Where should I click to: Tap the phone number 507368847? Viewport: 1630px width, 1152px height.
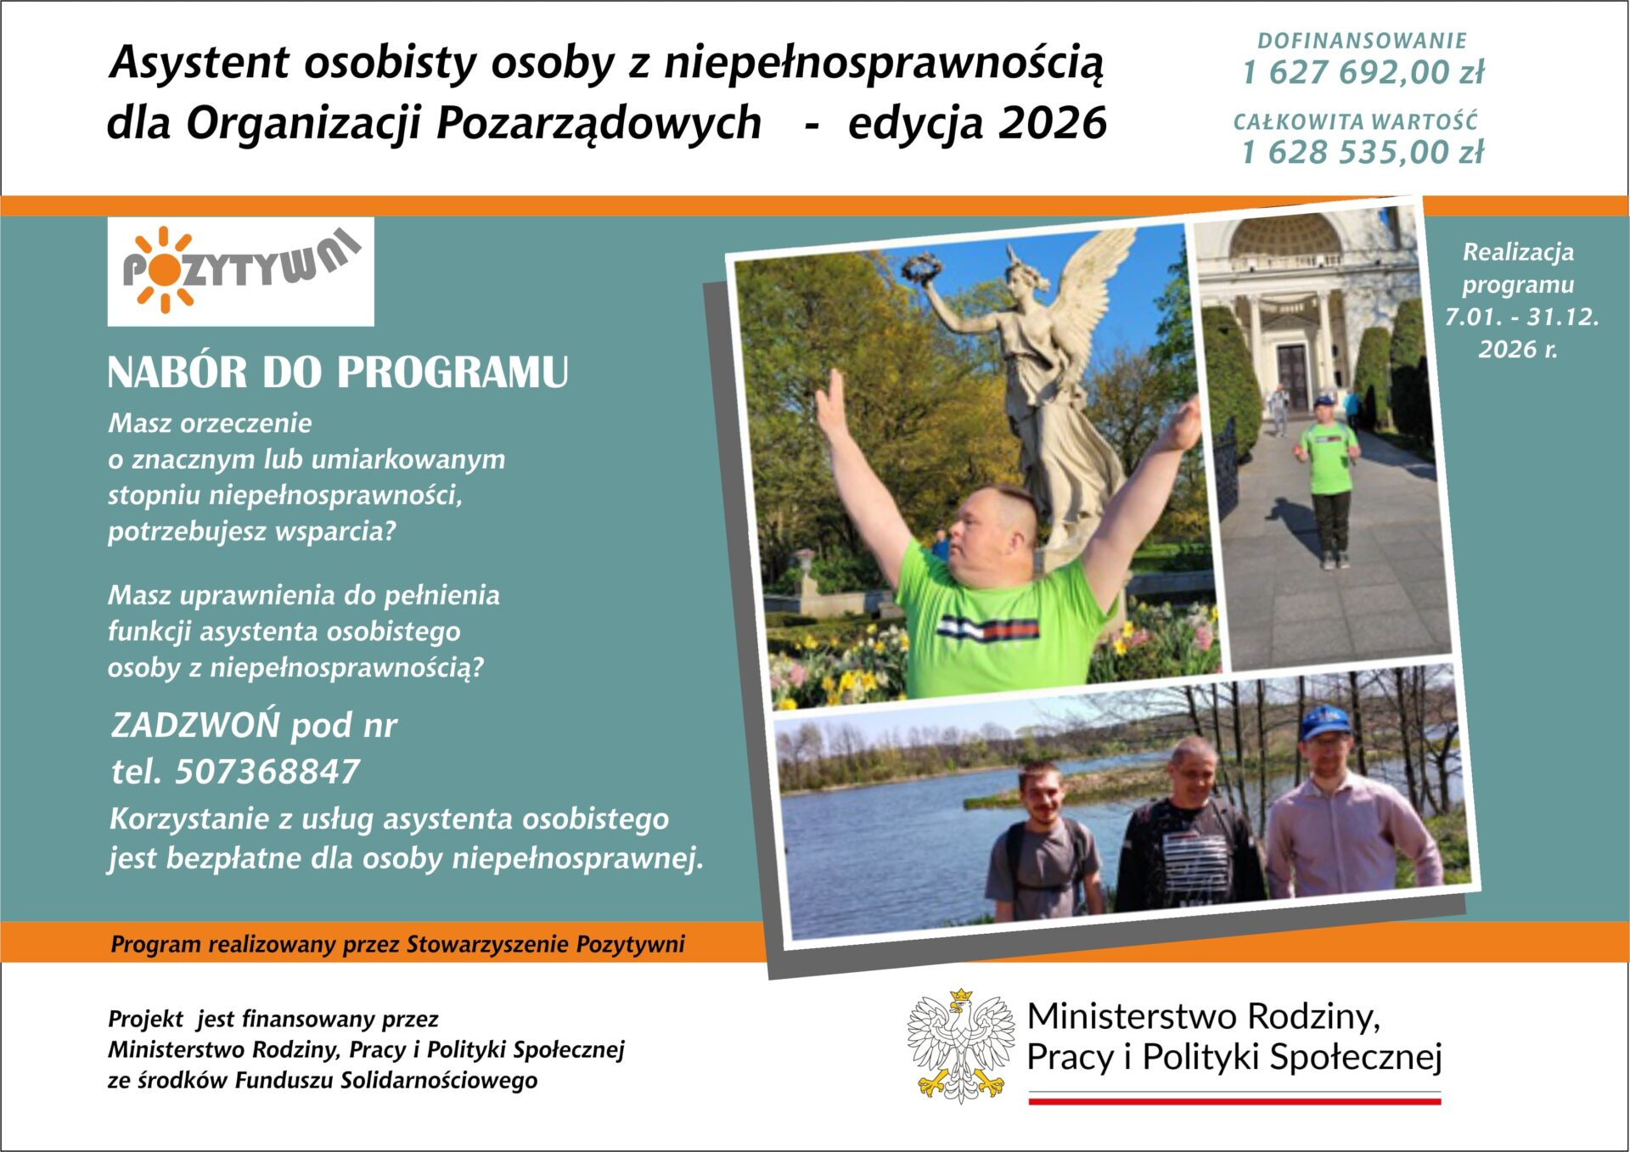(x=267, y=771)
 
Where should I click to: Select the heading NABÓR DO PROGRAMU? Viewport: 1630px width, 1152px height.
(x=338, y=372)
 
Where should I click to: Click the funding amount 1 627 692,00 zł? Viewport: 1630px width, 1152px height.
(x=1363, y=73)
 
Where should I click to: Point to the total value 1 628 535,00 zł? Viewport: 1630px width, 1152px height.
(x=1363, y=153)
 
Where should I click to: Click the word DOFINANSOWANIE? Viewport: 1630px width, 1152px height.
(x=1363, y=41)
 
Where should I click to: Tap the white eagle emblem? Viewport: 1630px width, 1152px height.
(x=961, y=1045)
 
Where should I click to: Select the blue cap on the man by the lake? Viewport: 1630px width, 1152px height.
(x=1325, y=722)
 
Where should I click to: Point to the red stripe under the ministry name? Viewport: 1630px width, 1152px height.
(x=1234, y=1101)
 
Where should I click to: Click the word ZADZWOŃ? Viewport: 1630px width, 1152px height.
(x=195, y=725)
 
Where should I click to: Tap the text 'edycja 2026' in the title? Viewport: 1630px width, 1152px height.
(x=977, y=123)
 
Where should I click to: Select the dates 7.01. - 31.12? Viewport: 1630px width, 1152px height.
(x=1521, y=317)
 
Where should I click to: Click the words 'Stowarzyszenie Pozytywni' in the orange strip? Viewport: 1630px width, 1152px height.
(x=545, y=944)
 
